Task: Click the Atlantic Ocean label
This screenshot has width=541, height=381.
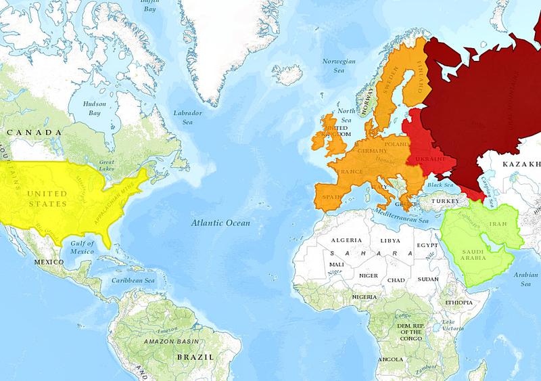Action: click(220, 223)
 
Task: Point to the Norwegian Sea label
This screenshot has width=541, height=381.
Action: click(339, 66)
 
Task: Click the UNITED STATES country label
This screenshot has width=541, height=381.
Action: click(47, 198)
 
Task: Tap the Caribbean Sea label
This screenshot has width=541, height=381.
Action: click(133, 279)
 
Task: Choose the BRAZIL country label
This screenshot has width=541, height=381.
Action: click(195, 356)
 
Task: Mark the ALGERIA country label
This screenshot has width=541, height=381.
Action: click(347, 241)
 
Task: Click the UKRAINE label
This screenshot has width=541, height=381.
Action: click(427, 159)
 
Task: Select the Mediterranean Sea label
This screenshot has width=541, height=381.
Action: click(404, 217)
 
